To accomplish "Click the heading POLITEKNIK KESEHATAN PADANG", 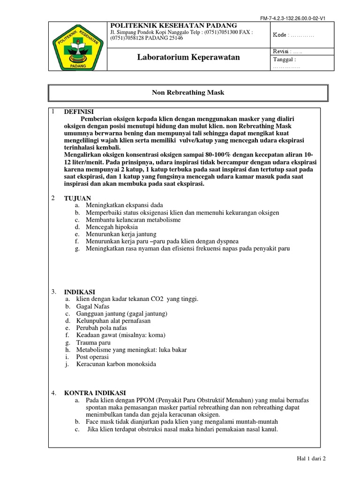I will pos(173,25).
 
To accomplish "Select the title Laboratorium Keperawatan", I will pos(188,57).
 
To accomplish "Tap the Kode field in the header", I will pos(293,35).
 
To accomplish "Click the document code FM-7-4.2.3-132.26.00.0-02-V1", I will pos(293,18).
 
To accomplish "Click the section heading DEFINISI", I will pos(79,112).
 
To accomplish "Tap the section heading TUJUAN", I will pos(77,198).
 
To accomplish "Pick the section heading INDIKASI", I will pos(80,292).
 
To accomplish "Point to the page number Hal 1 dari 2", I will pos(311,459).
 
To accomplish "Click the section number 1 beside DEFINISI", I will pos(54,112).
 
